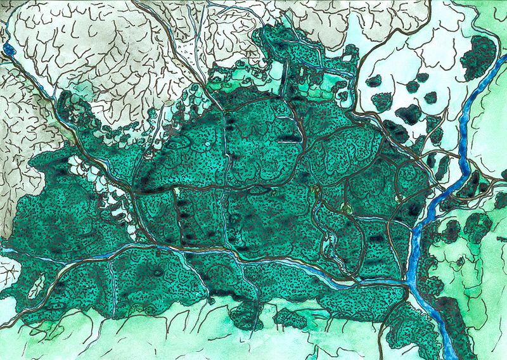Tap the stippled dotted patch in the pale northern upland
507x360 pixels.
tap(184, 48)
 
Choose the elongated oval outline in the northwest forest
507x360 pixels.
tap(179, 143)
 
